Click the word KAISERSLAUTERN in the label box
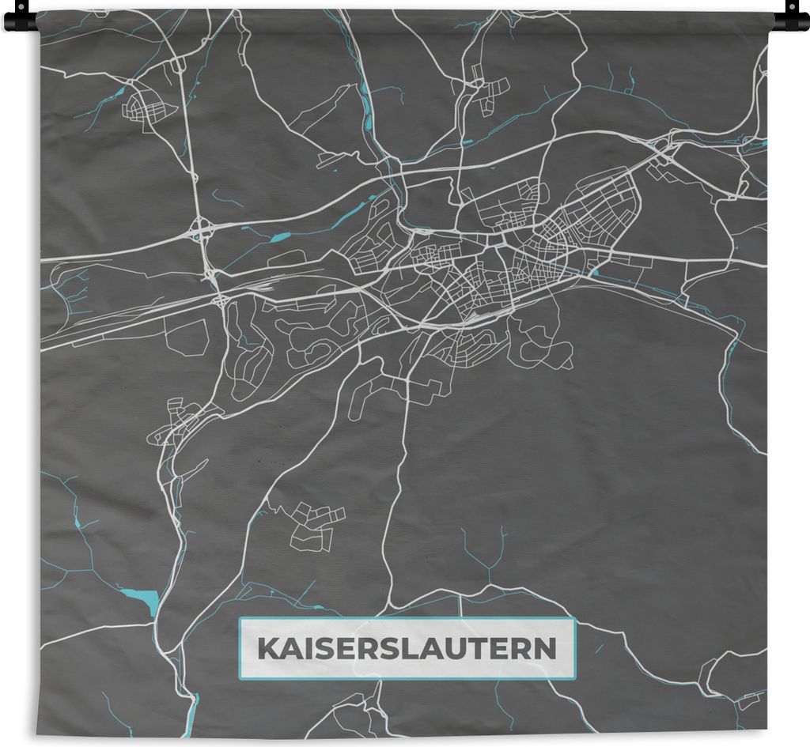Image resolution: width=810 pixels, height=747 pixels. coord(407,649)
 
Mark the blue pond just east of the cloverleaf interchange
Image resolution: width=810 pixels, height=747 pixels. coord(279,236)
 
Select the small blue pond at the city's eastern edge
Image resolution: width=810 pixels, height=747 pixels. coord(594,274)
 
